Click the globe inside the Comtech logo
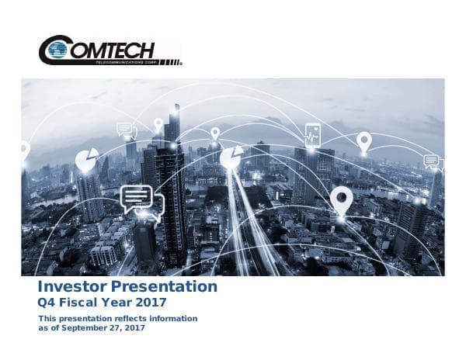pyautogui.click(x=56, y=50)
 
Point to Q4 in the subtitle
pyautogui.click(x=47, y=303)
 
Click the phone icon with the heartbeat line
pyautogui.click(x=312, y=133)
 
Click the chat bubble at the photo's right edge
pyautogui.click(x=432, y=161)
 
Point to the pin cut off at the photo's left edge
pyautogui.click(x=24, y=150)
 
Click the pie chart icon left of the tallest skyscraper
pyautogui.click(x=85, y=159)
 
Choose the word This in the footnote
pyautogui.click(x=47, y=319)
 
